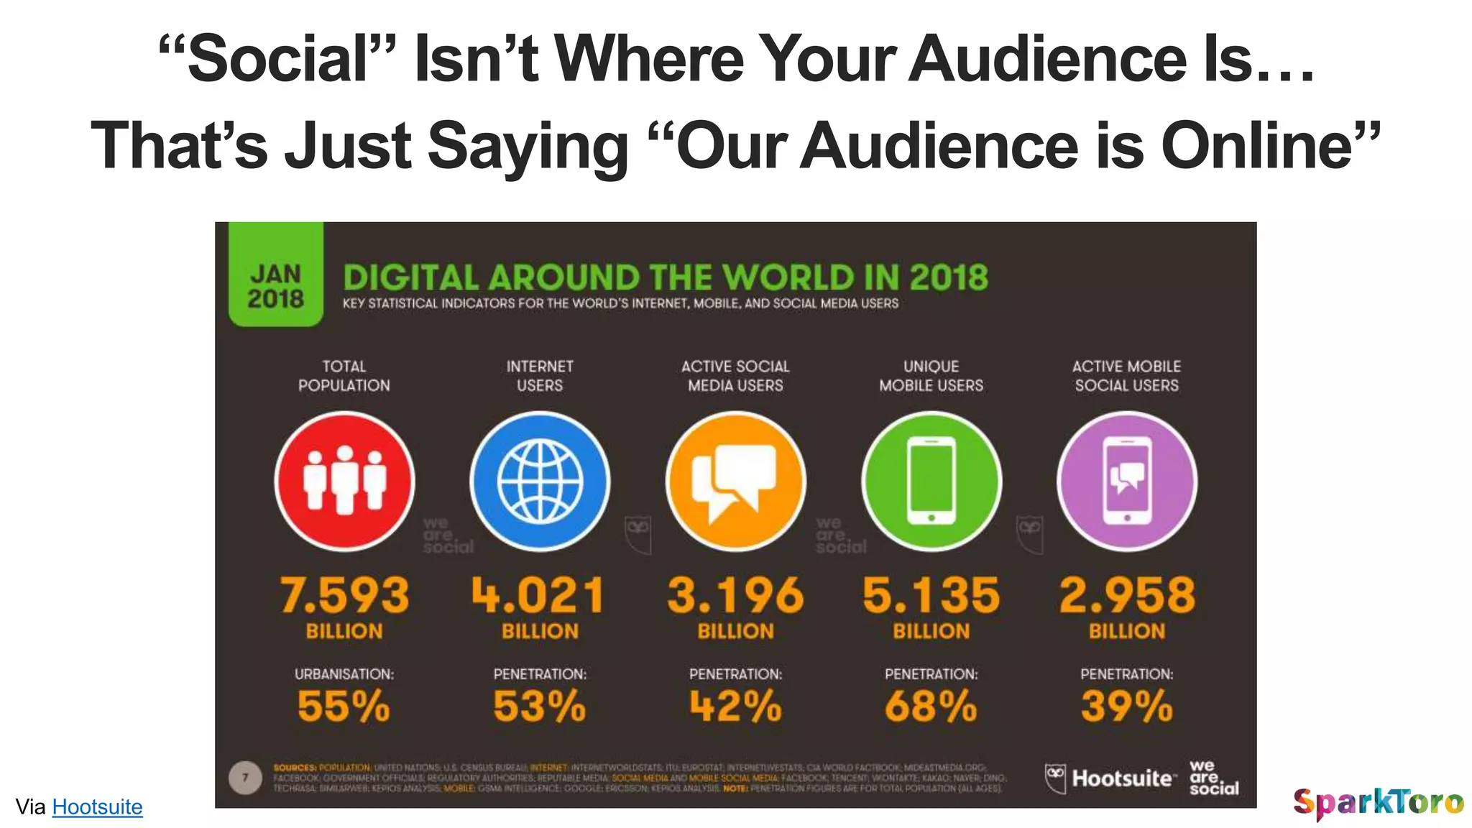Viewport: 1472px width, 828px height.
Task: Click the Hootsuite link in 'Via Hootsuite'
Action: [x=97, y=806]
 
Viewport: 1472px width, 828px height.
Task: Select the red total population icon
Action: [x=344, y=481]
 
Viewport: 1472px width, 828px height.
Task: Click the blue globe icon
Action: [x=540, y=481]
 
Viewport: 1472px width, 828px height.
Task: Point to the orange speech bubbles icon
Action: [x=735, y=481]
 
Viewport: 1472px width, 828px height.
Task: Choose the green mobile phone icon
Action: [x=931, y=481]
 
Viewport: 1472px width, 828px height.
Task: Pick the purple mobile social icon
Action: [x=1127, y=481]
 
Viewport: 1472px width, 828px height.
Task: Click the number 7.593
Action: [x=344, y=595]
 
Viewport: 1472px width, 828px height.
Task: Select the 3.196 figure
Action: [x=735, y=595]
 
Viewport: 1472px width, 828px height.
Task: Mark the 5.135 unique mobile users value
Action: [x=931, y=595]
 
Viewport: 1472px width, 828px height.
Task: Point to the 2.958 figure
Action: [x=1127, y=595]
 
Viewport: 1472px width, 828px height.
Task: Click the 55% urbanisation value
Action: [x=344, y=706]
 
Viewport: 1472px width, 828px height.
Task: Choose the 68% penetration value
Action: [x=931, y=706]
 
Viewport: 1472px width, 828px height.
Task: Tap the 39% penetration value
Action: [x=1127, y=706]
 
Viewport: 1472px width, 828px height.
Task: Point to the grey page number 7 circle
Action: [x=245, y=778]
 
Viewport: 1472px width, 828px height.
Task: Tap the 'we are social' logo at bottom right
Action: [x=1213, y=778]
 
